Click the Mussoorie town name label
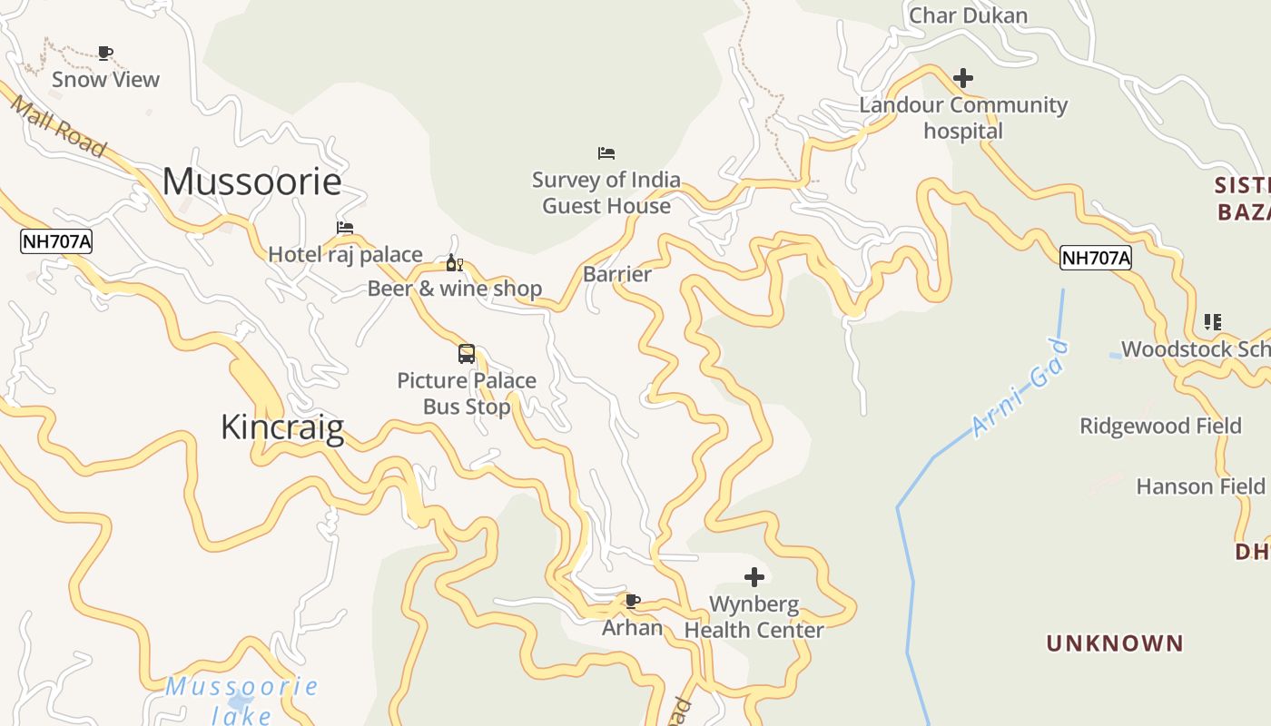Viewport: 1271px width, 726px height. click(251, 181)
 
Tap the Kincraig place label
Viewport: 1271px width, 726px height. click(282, 427)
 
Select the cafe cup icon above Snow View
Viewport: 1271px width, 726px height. click(105, 53)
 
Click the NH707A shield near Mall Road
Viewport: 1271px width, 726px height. click(56, 241)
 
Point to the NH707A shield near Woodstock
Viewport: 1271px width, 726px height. click(1096, 258)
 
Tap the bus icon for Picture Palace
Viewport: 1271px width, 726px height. click(467, 354)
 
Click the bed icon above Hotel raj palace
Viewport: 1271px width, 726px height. click(345, 228)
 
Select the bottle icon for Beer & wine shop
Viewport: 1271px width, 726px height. click(454, 263)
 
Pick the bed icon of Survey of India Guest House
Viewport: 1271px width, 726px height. click(606, 152)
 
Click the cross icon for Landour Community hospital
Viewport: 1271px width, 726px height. click(963, 78)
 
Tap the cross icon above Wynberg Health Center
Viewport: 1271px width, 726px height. click(754, 576)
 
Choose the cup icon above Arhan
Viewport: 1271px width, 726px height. click(633, 601)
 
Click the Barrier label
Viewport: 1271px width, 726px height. click(617, 274)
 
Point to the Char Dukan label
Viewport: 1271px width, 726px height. click(968, 15)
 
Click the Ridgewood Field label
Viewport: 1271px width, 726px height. click(1160, 426)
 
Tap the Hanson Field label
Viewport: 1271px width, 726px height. click(1200, 486)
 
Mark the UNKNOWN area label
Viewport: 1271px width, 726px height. click(1115, 643)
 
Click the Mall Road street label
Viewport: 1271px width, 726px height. click(58, 124)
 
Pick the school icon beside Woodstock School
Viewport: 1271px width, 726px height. click(1212, 321)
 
